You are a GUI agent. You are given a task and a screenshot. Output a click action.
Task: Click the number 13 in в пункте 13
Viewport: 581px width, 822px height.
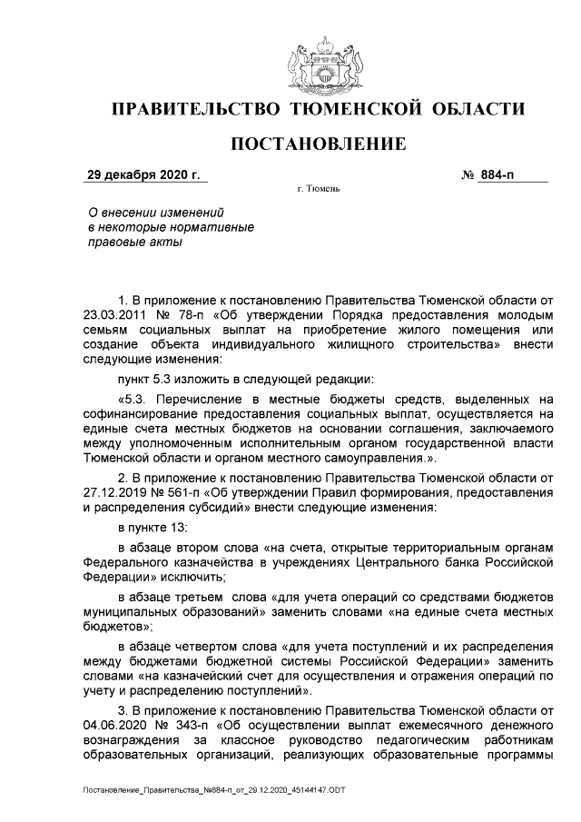click(194, 527)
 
